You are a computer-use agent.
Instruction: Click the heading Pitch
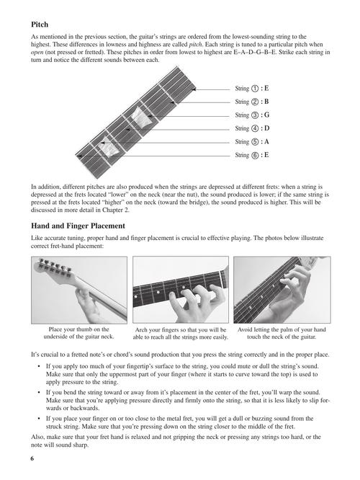(40, 25)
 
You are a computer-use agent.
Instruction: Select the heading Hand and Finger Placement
(78, 226)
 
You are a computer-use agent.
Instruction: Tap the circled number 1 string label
(255, 89)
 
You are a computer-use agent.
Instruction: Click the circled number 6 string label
(255, 155)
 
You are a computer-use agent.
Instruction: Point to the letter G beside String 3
(266, 115)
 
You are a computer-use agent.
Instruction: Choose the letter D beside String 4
(266, 128)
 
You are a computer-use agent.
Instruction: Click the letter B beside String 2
(266, 102)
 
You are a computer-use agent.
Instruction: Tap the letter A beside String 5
(266, 142)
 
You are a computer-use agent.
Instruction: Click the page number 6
(32, 458)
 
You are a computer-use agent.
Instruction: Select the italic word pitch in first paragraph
(195, 45)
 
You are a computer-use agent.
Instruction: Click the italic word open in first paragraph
(37, 53)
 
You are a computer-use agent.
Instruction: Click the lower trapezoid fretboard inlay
(109, 148)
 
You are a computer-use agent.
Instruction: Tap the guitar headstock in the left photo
(57, 269)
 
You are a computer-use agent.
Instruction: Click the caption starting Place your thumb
(79, 333)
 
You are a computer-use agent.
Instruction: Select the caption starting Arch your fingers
(181, 334)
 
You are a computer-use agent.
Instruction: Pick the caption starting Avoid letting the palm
(282, 334)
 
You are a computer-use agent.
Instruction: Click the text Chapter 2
(116, 210)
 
